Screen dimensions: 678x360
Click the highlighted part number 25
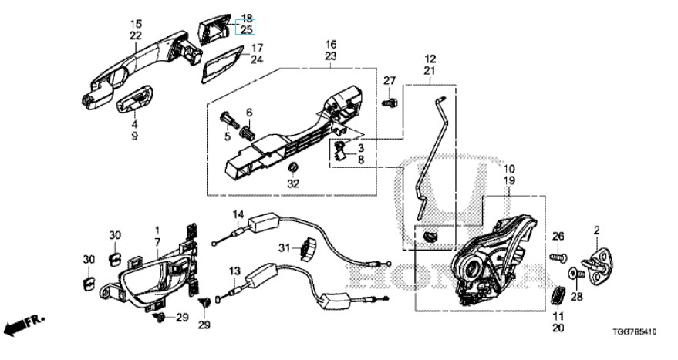click(x=246, y=29)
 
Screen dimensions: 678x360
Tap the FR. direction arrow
click(x=25, y=324)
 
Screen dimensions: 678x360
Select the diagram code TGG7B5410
click(x=634, y=332)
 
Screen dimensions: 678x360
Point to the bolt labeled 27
click(x=390, y=103)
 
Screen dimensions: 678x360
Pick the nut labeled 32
click(x=293, y=167)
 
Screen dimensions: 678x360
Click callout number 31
click(x=285, y=248)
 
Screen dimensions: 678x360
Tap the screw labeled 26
click(x=558, y=257)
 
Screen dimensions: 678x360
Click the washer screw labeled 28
click(x=576, y=273)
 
